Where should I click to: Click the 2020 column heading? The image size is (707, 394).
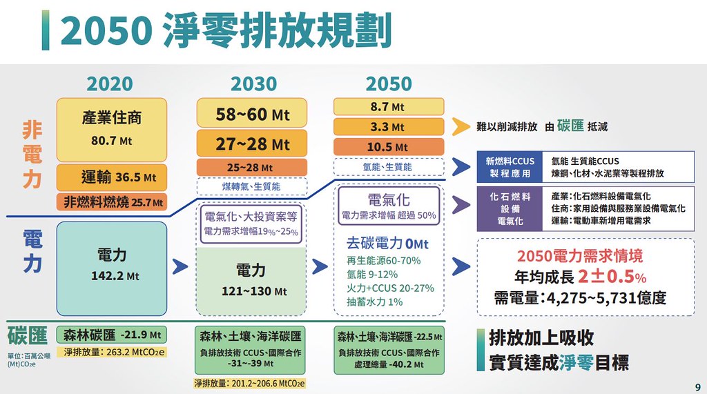pyautogui.click(x=110, y=84)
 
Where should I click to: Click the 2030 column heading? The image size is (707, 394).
pyautogui.click(x=253, y=84)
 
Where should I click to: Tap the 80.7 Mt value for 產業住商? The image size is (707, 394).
pyautogui.click(x=111, y=141)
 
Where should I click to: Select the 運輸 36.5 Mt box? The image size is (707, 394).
pyautogui.click(x=111, y=177)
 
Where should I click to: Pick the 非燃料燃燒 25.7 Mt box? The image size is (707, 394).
pyautogui.click(x=111, y=202)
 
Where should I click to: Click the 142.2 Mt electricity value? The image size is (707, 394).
pyautogui.click(x=115, y=276)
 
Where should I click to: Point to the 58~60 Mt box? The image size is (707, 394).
pyautogui.click(x=252, y=113)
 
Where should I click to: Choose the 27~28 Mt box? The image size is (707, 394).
pyautogui.click(x=252, y=144)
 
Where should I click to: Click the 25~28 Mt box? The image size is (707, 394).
pyautogui.click(x=252, y=167)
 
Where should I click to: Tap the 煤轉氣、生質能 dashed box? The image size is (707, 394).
pyautogui.click(x=252, y=186)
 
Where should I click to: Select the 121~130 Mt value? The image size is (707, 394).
pyautogui.click(x=254, y=291)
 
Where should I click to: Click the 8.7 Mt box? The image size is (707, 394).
pyautogui.click(x=389, y=107)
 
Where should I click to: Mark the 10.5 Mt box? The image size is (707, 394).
pyautogui.click(x=389, y=147)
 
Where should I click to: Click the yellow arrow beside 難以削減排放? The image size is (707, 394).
pyautogui.click(x=461, y=127)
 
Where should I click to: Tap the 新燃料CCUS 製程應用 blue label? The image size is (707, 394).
pyautogui.click(x=510, y=167)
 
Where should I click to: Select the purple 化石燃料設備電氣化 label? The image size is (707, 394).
pyautogui.click(x=510, y=208)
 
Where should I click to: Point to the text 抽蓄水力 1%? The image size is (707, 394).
pyautogui.click(x=374, y=302)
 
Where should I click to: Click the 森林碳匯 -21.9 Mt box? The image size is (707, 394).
pyautogui.click(x=111, y=335)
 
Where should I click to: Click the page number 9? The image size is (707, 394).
pyautogui.click(x=698, y=387)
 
